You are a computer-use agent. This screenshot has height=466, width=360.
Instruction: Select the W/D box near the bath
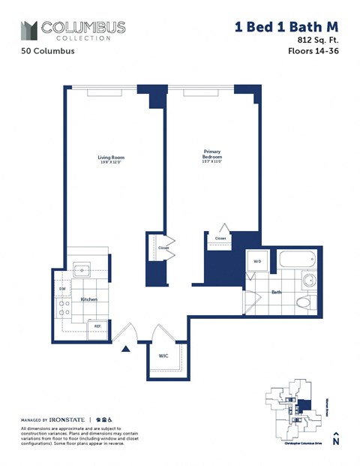pyautogui.click(x=257, y=262)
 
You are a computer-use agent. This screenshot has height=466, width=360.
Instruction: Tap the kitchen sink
pyautogui.click(x=81, y=269)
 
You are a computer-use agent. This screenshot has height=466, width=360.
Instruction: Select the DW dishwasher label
pyautogui.click(x=62, y=288)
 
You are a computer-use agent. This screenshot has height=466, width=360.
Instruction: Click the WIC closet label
pyautogui.click(x=163, y=356)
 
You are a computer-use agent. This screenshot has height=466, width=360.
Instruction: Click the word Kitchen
pyautogui.click(x=89, y=300)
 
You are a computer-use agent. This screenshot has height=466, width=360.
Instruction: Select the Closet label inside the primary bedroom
pyautogui.click(x=220, y=239)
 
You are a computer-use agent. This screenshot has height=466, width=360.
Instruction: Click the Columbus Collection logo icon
pyautogui.click(x=28, y=31)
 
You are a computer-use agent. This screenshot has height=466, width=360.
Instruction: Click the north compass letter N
pyautogui.click(x=335, y=443)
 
